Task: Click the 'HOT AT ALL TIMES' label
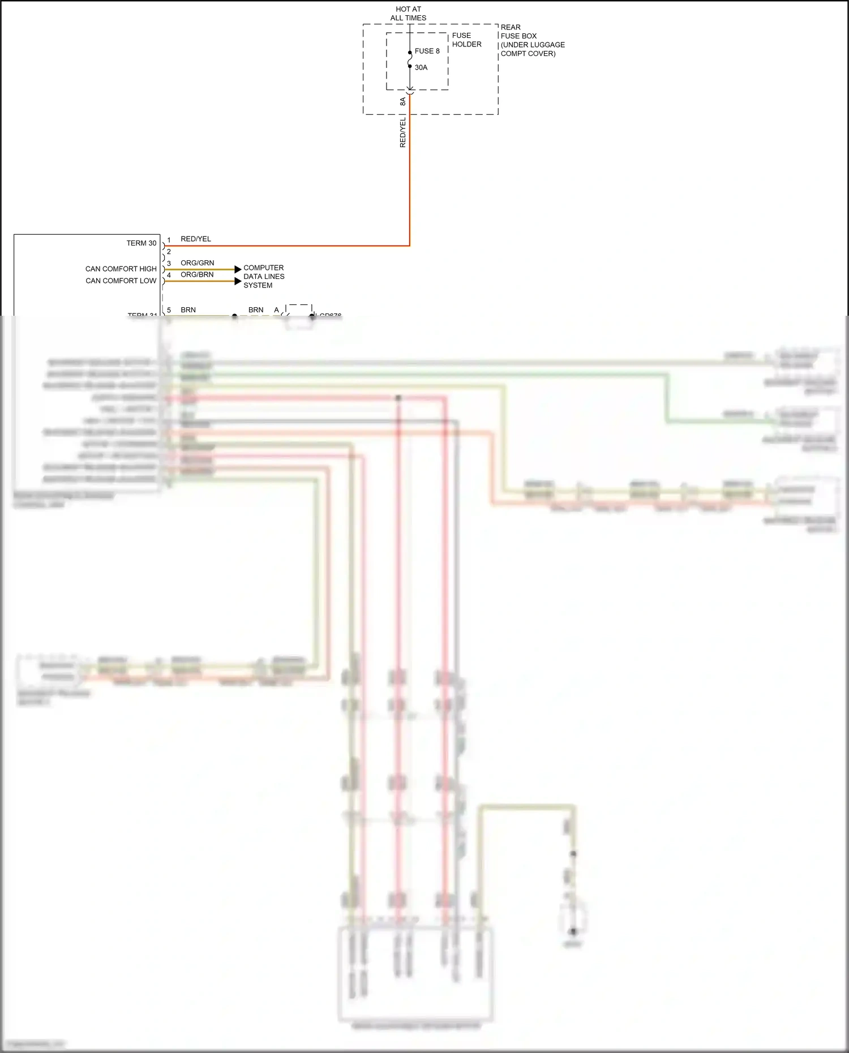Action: coord(408,14)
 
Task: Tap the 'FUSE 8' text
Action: coord(427,51)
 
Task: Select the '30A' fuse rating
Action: coord(421,67)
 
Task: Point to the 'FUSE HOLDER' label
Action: coord(466,40)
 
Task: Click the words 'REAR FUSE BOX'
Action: coord(518,32)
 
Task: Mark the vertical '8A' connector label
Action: coord(403,101)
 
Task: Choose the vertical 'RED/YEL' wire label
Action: coord(403,133)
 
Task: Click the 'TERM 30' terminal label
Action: coord(141,243)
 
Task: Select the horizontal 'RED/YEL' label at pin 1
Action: coord(196,239)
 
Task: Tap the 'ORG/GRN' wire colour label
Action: coord(198,263)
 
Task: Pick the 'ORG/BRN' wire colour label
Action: coord(198,275)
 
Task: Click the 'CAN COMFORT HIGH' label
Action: coord(121,269)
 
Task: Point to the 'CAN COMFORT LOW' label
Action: coord(121,281)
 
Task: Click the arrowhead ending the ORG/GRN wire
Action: coord(238,269)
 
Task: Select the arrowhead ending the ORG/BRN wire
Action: coord(238,281)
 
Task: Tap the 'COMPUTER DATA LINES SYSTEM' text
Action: coord(264,277)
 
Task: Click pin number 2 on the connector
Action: coord(169,252)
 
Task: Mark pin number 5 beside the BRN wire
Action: coord(169,310)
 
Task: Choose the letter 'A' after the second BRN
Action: coord(277,310)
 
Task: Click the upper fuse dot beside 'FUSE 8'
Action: coord(410,53)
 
